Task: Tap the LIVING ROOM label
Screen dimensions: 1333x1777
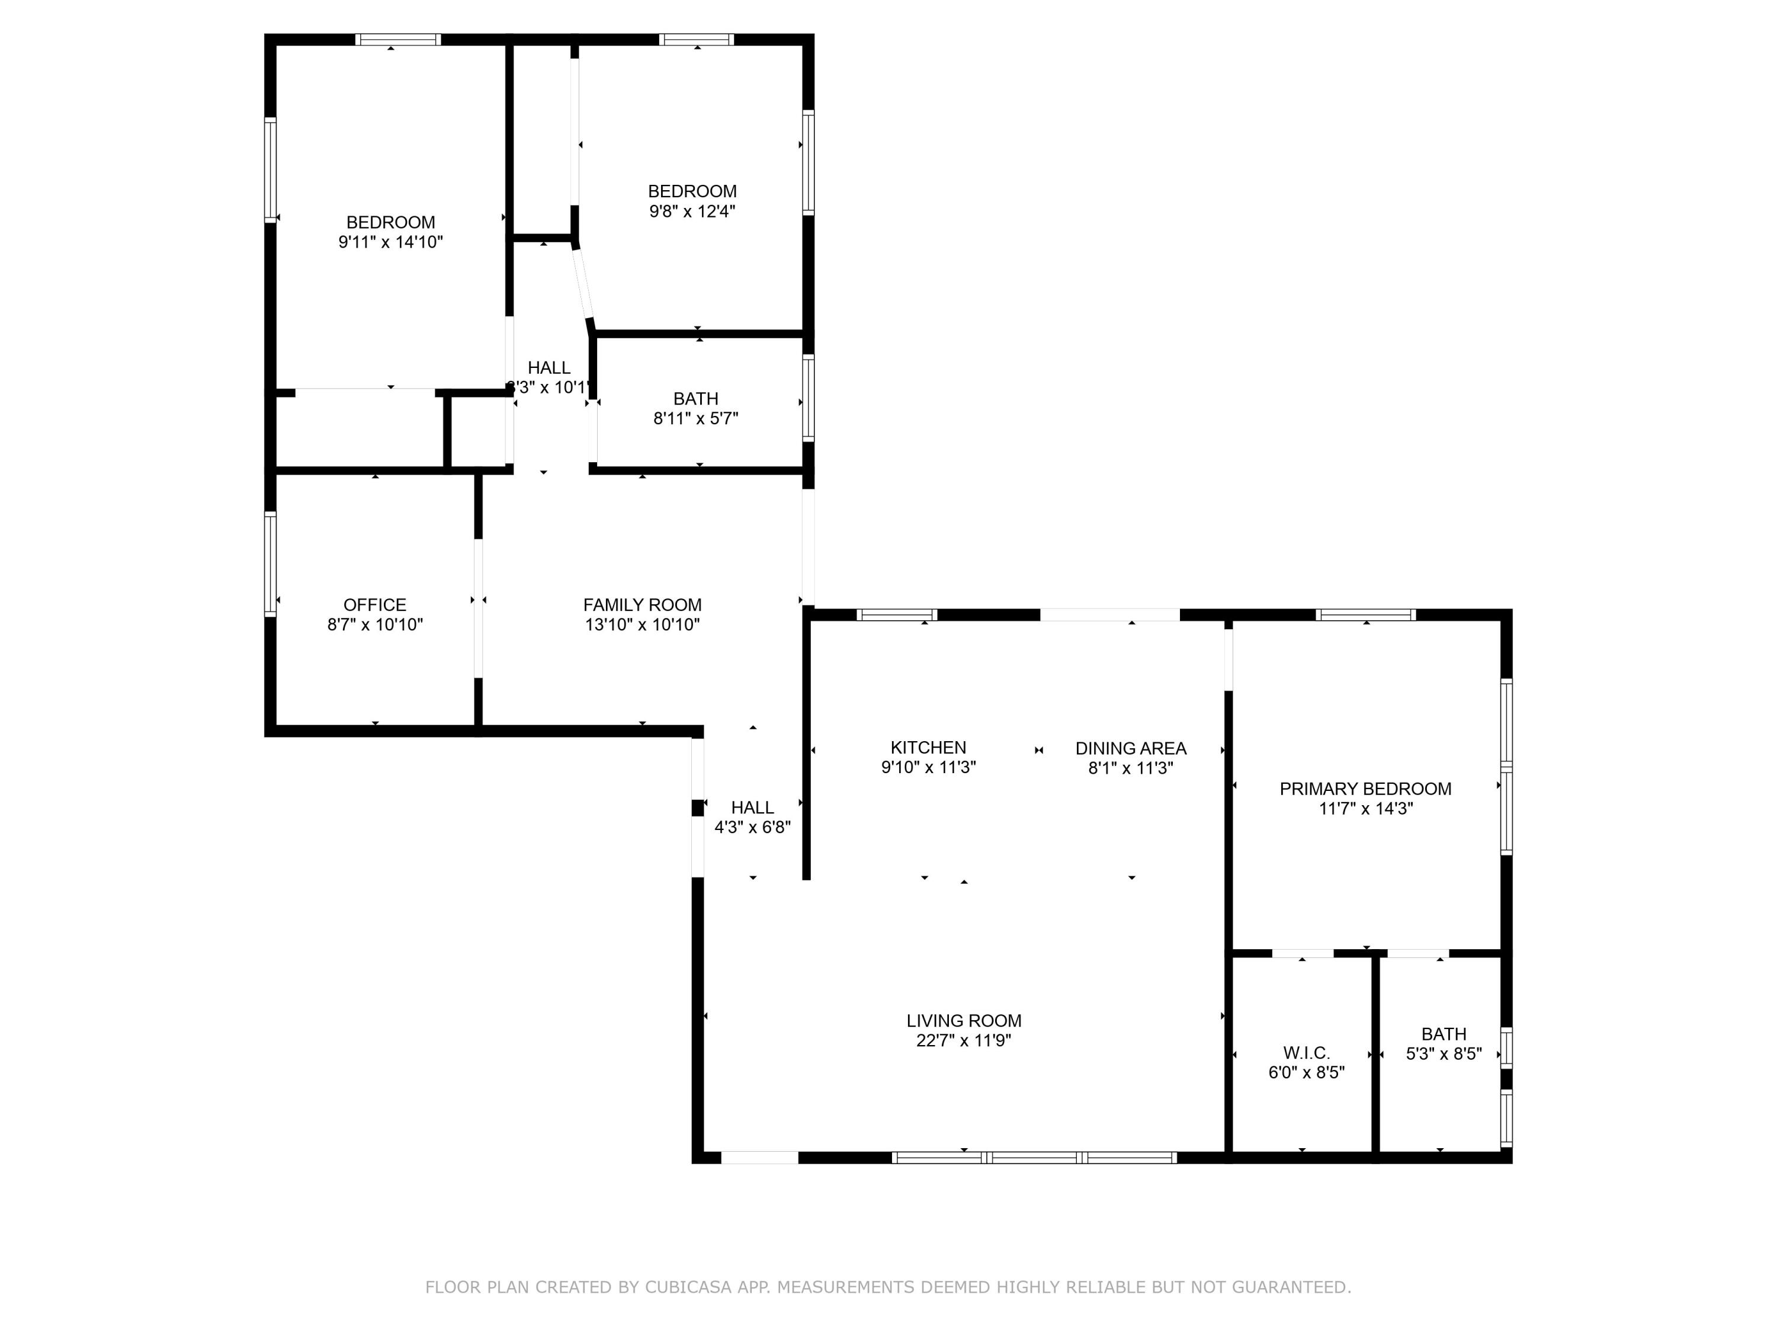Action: (x=963, y=1020)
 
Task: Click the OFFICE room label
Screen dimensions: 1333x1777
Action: (x=374, y=604)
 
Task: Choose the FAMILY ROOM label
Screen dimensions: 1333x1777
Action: (x=642, y=604)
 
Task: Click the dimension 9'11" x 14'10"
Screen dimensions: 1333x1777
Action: (x=390, y=242)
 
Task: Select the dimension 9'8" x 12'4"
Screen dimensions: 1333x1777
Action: (x=692, y=212)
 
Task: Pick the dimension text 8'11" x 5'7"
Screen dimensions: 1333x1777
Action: (x=696, y=418)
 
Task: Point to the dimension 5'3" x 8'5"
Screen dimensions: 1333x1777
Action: (x=1444, y=1053)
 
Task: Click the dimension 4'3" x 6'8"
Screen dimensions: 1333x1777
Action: (x=753, y=827)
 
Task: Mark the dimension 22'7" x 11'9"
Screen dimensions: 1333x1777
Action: (x=963, y=1040)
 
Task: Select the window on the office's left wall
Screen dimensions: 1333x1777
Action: (x=271, y=565)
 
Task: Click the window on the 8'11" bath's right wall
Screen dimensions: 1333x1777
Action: (x=808, y=398)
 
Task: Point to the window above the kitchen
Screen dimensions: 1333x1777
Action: (x=897, y=615)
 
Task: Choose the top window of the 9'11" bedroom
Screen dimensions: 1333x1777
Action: (x=399, y=39)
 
